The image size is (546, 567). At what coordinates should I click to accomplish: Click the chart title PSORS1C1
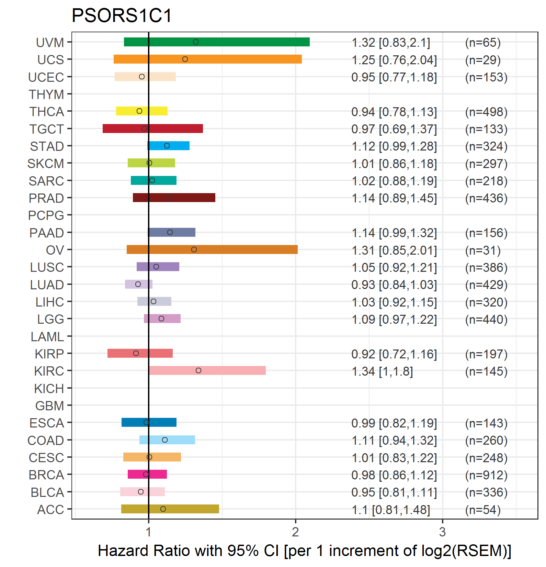(x=122, y=15)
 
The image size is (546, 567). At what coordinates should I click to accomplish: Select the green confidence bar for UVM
(x=217, y=42)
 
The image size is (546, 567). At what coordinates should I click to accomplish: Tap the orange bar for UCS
(x=208, y=59)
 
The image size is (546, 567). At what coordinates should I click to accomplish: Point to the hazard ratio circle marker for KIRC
(x=198, y=370)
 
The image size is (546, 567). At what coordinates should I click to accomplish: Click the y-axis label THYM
(x=46, y=94)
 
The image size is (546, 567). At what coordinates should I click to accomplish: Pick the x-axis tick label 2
(x=295, y=532)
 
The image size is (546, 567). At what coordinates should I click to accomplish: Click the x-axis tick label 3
(x=442, y=532)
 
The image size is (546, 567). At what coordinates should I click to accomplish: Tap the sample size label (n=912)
(x=486, y=475)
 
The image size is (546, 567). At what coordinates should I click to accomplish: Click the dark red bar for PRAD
(x=174, y=198)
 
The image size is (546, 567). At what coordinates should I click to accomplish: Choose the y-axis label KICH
(x=49, y=389)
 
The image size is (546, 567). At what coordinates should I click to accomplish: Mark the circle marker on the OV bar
(x=194, y=249)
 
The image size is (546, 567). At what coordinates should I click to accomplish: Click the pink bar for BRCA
(x=147, y=474)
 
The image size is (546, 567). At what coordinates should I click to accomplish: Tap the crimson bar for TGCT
(x=153, y=129)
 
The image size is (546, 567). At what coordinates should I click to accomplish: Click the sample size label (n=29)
(x=483, y=60)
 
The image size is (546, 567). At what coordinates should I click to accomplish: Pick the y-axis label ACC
(x=50, y=510)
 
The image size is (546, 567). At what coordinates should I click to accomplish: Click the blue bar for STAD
(x=168, y=146)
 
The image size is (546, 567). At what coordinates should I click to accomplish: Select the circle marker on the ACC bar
(x=163, y=509)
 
